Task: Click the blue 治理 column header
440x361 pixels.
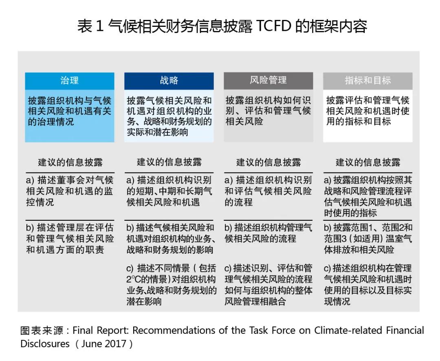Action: [x=70, y=80]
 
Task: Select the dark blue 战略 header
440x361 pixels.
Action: [x=169, y=80]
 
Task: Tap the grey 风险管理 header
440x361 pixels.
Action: [x=268, y=80]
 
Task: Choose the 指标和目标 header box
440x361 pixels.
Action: [x=367, y=80]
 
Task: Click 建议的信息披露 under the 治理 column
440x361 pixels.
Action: [x=70, y=163]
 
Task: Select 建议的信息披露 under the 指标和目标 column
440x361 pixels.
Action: [x=367, y=163]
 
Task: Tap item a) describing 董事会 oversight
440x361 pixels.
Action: [x=70, y=191]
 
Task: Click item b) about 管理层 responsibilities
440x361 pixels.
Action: [x=70, y=239]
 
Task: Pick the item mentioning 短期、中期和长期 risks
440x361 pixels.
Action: [x=169, y=191]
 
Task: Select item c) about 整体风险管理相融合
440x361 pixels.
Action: [x=268, y=285]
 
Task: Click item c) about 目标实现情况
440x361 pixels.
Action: [x=367, y=285]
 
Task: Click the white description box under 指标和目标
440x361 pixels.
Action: [x=367, y=116]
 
